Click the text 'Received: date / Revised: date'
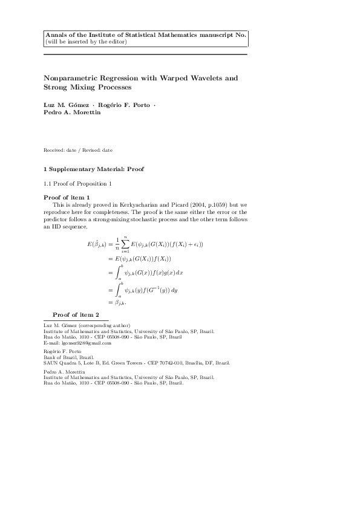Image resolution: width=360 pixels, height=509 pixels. [78, 150]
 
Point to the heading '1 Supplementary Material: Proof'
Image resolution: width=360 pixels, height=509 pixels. [93, 168]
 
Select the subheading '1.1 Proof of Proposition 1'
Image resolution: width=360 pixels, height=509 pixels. [78, 183]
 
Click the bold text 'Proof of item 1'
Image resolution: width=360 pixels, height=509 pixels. [67, 198]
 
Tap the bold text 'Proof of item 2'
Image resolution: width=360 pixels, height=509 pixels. [76, 315]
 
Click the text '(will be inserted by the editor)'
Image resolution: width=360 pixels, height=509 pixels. [85, 42]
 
